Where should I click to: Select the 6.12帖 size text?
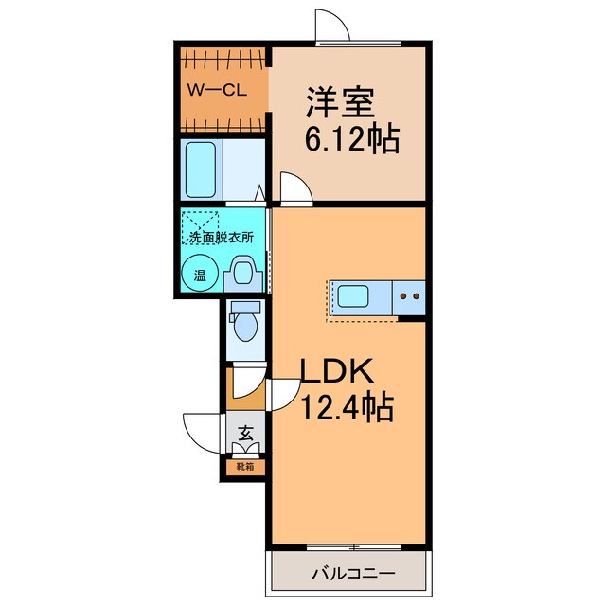(349, 140)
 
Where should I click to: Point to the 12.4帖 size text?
(347, 409)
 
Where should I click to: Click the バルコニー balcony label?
(352, 573)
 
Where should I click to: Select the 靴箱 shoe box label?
(244, 466)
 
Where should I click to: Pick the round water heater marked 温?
(199, 276)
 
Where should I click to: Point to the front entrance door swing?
(205, 433)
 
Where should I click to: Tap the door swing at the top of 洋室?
(334, 27)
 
